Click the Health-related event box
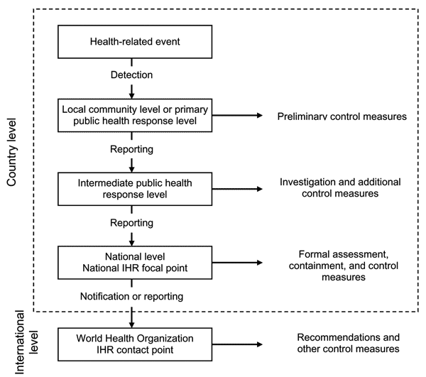(135, 42)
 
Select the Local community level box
(135, 116)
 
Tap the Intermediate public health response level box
(135, 189)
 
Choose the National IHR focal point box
(135, 263)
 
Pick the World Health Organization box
(135, 344)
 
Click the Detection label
(132, 75)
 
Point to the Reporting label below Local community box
(132, 149)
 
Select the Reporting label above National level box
(132, 223)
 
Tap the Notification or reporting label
(132, 296)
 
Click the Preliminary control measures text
(342, 116)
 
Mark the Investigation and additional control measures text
(340, 187)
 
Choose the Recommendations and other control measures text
(349, 343)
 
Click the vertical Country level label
(11, 153)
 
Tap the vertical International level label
(26, 342)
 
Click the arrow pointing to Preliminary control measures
(237, 116)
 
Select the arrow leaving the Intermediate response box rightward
(237, 189)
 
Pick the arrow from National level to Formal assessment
(237, 263)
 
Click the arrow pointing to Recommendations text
(237, 344)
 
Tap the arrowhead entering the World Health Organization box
(132, 324)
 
